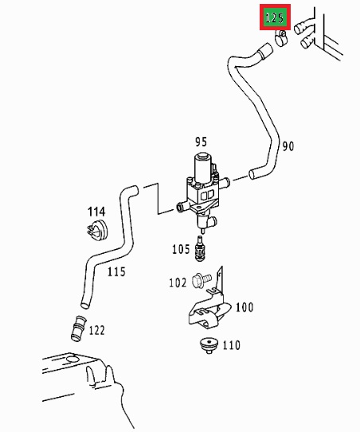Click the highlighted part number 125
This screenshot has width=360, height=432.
(x=275, y=18)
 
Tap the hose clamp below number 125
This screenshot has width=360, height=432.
(x=281, y=38)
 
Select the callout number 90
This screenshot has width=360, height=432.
(x=288, y=146)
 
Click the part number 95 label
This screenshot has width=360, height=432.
(x=201, y=142)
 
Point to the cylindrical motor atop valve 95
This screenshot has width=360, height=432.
(x=203, y=166)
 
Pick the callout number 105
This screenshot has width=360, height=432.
(x=181, y=249)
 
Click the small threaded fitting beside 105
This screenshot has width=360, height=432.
(x=200, y=249)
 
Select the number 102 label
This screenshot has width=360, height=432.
(x=178, y=282)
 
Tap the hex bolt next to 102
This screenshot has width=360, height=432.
(x=202, y=279)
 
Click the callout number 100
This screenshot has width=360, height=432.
(x=245, y=307)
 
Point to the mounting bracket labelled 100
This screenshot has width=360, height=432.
(x=209, y=305)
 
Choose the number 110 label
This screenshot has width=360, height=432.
(x=231, y=345)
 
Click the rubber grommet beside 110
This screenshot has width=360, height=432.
(x=209, y=346)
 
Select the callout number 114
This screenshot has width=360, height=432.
(x=96, y=212)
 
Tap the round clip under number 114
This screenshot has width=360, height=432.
(x=97, y=231)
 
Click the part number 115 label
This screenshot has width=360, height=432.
(x=116, y=272)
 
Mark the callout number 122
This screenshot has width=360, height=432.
(x=97, y=330)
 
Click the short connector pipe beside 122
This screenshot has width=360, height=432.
(x=78, y=329)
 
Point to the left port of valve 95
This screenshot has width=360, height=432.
(x=182, y=206)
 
